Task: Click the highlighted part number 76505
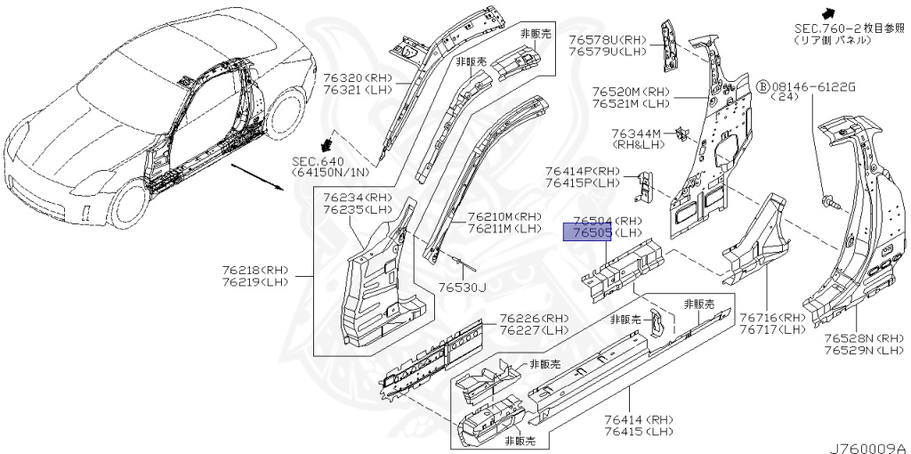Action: tap(586, 233)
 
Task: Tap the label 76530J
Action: tap(462, 287)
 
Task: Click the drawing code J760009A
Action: tap(867, 447)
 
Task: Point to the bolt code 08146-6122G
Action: tap(813, 85)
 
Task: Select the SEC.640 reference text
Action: tap(317, 161)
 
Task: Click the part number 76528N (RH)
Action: tap(851, 338)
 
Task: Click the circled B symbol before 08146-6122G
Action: tap(762, 85)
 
